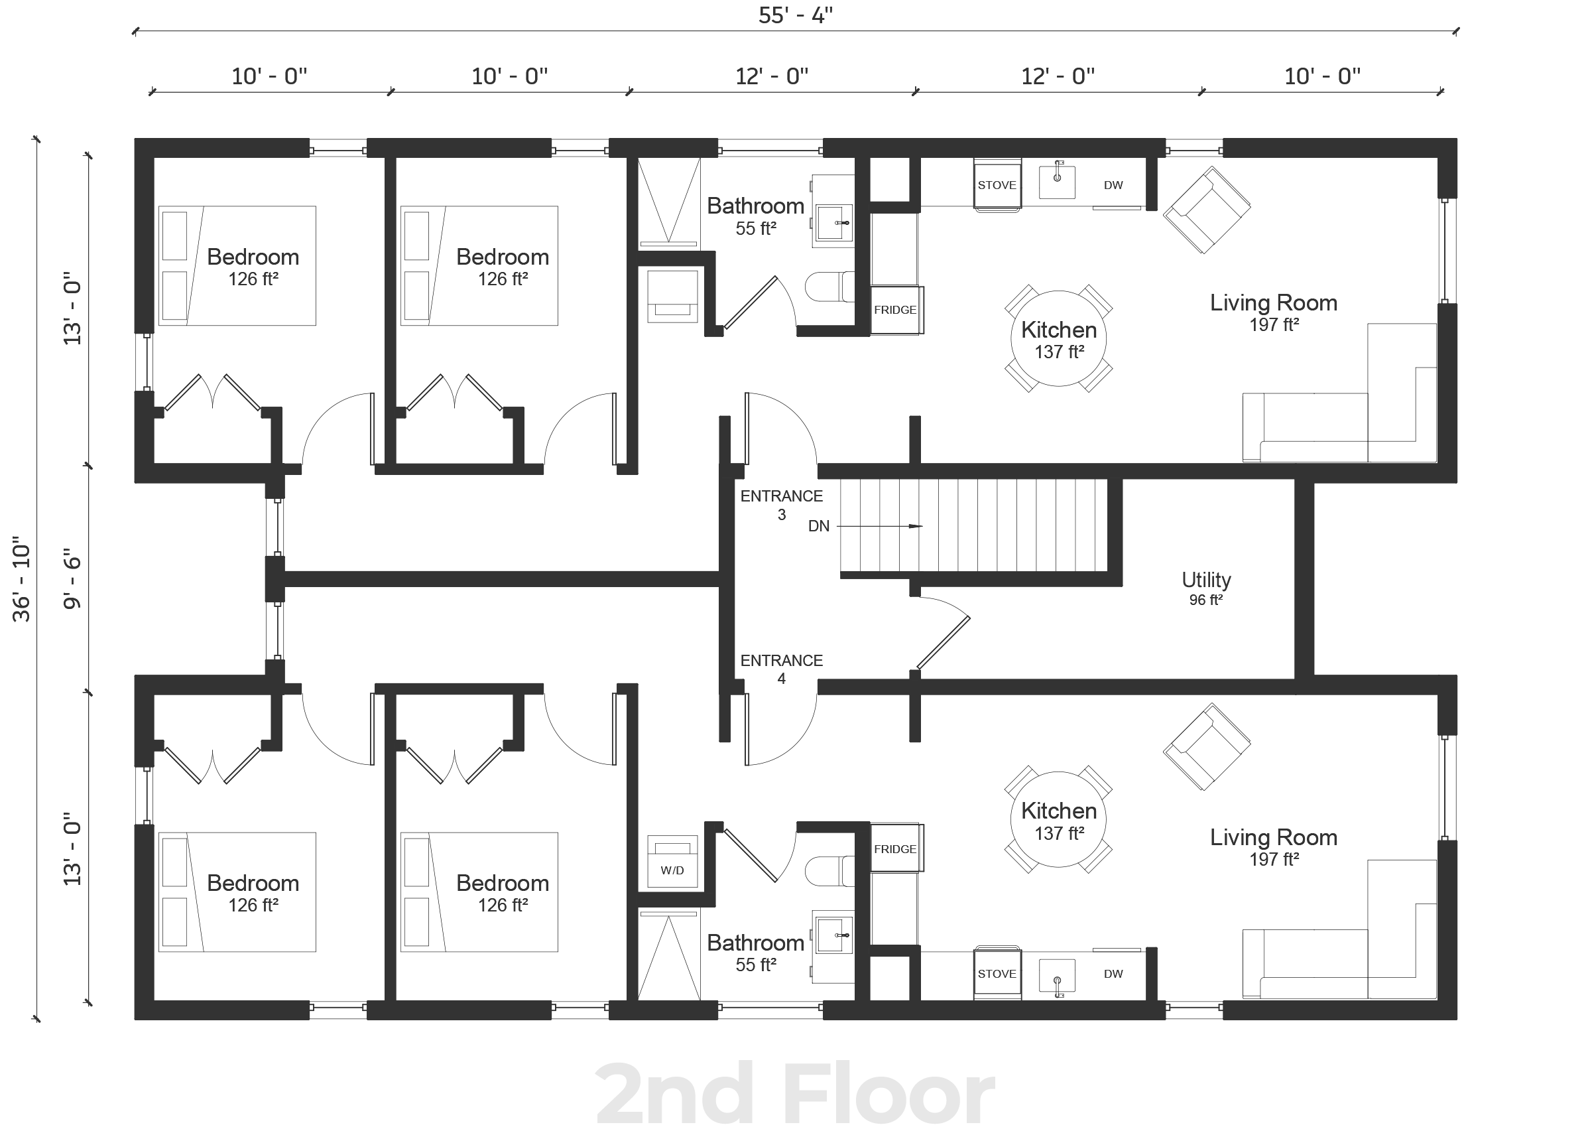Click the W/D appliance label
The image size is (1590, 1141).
(672, 870)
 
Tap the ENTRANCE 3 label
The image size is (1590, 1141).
(781, 505)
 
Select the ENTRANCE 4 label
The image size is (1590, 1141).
(781, 669)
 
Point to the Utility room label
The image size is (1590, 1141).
(1206, 588)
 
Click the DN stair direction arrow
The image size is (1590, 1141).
(880, 526)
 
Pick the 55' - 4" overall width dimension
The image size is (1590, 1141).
(796, 15)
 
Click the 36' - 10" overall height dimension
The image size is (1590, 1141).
(22, 579)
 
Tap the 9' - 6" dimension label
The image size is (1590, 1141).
(72, 583)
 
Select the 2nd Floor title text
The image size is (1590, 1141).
(795, 1094)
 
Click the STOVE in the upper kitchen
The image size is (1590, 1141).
(997, 185)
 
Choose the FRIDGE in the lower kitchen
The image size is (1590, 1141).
(896, 848)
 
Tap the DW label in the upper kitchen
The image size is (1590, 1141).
(1113, 185)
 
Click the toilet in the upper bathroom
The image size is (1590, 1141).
(829, 287)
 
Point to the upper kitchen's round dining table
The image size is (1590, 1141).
(1059, 339)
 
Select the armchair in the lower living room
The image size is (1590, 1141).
(1207, 747)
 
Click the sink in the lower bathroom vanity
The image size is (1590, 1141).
(832, 935)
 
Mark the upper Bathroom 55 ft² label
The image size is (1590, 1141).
(755, 216)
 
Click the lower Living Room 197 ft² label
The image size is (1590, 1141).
(1274, 847)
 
